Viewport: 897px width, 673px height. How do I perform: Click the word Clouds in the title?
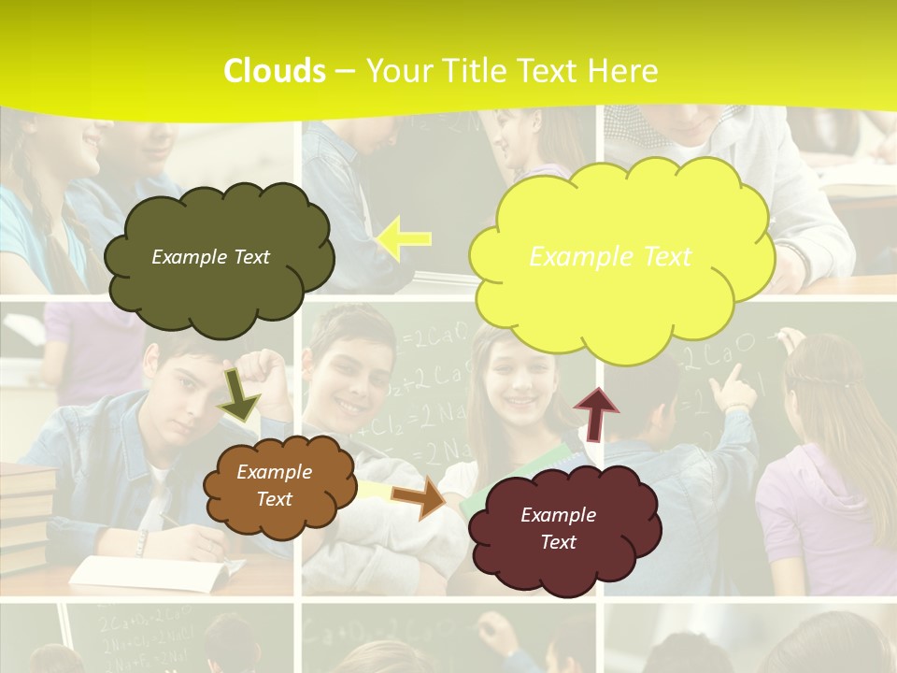coord(275,71)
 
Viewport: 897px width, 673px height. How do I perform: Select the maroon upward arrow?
coord(595,412)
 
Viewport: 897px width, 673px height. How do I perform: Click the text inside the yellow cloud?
coord(610,257)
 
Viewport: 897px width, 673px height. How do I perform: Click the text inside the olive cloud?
coord(210,257)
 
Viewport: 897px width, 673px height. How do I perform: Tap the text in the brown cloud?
coord(274,486)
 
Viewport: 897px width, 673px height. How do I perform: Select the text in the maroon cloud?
coord(558,528)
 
